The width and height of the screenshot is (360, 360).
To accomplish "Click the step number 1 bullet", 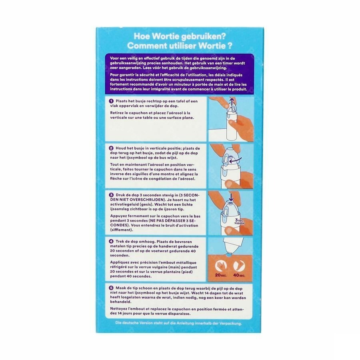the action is pyautogui.click(x=111, y=101).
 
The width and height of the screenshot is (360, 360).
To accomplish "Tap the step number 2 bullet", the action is pyautogui.click(x=111, y=148).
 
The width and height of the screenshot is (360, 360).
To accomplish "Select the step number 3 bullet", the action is pyautogui.click(x=111, y=195).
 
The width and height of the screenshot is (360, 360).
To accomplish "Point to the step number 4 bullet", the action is pyautogui.click(x=111, y=242).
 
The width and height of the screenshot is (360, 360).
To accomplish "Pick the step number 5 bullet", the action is pyautogui.click(x=111, y=288).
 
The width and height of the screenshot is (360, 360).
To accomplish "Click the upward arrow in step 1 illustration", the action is pyautogui.click(x=232, y=102).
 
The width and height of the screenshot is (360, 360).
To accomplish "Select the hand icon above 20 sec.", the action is pyautogui.click(x=221, y=266).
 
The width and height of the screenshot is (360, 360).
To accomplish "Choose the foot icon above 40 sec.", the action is pyautogui.click(x=239, y=266).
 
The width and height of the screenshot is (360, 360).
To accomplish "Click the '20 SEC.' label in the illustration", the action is pyautogui.click(x=221, y=275).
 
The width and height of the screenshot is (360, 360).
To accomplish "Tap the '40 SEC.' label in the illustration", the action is pyautogui.click(x=239, y=275).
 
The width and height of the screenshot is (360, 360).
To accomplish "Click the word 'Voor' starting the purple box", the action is pyautogui.click(x=114, y=58).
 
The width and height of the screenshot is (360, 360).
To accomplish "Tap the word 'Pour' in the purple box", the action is pyautogui.click(x=115, y=75).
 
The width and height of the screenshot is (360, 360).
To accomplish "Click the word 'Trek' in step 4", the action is pyautogui.click(x=120, y=242).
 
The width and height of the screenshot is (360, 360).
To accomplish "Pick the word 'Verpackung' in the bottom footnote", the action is pyautogui.click(x=230, y=323).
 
